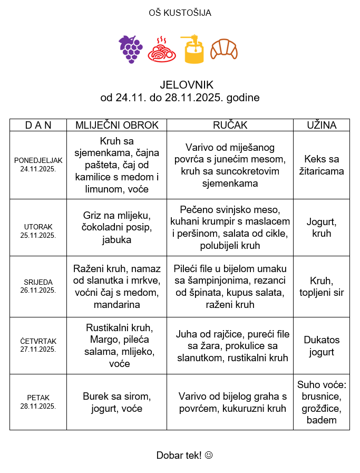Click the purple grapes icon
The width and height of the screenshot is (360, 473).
(x=130, y=50)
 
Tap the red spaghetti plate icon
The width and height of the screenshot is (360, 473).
(x=162, y=50)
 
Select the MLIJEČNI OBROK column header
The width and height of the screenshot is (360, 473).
(x=116, y=125)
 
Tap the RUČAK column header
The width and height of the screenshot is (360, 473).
(x=230, y=125)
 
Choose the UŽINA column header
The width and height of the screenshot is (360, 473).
(x=322, y=125)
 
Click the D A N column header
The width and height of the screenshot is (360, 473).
(x=38, y=125)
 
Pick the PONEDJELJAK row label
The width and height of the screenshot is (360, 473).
(x=38, y=160)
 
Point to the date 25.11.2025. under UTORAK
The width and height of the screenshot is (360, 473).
(x=38, y=235)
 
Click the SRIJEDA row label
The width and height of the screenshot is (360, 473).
(x=38, y=282)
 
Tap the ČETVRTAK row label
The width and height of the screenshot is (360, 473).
(x=38, y=341)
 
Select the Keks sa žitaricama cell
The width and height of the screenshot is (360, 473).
(x=322, y=165)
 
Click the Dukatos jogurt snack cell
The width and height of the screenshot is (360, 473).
(x=322, y=346)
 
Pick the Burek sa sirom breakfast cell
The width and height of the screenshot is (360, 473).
(x=116, y=402)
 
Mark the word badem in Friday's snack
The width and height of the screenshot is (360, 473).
(x=322, y=420)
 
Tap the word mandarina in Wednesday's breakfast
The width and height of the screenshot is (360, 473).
(x=116, y=304)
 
